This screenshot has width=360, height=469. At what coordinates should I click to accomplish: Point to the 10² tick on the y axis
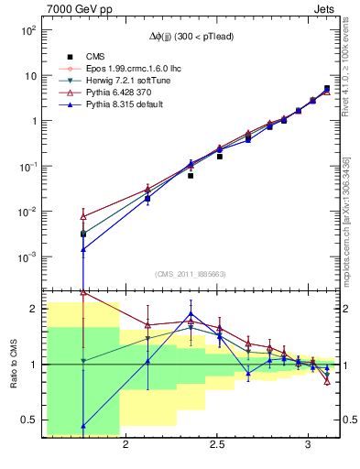point(28,30)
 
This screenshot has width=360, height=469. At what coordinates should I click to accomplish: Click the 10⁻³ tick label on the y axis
point(28,256)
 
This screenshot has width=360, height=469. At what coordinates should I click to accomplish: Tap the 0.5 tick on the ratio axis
point(29,420)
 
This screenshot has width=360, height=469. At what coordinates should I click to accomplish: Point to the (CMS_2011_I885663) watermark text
point(191,274)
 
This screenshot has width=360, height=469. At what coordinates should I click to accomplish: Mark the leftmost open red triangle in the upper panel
point(83,216)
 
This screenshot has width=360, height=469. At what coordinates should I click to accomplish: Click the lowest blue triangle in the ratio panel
point(83,425)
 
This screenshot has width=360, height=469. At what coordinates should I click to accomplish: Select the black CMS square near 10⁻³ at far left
point(83,234)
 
